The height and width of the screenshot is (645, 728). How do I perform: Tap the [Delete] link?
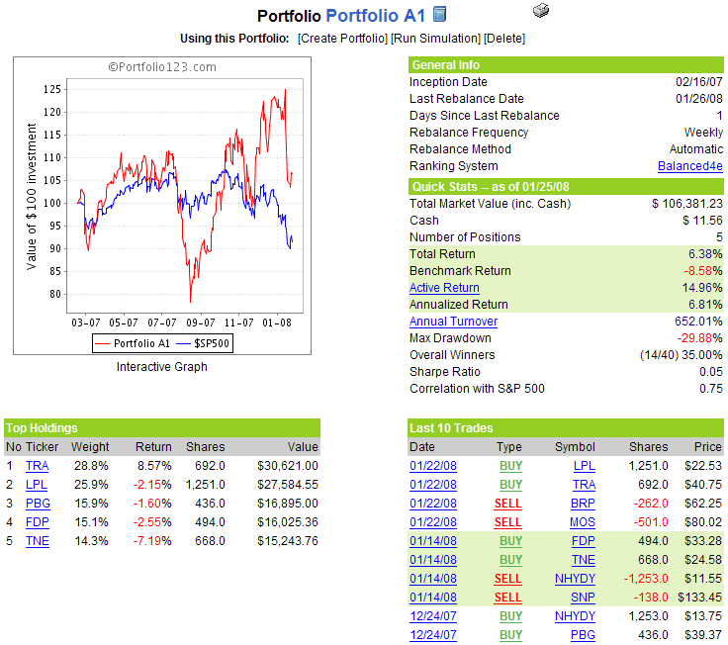pos(504,39)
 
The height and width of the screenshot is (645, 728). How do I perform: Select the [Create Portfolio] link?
pos(342,39)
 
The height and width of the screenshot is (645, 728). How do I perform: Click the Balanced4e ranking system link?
pos(689,166)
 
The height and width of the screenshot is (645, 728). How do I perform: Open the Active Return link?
pos(444,288)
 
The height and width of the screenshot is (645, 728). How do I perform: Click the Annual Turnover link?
pos(453,322)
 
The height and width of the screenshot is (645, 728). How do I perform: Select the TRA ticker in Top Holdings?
pos(37,465)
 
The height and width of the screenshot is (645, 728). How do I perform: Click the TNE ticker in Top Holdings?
pos(37,540)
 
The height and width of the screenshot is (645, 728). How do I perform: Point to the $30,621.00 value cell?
pos(288,465)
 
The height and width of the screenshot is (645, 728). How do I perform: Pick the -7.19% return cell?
pos(152,540)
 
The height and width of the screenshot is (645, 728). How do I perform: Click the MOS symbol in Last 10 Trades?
pos(583,521)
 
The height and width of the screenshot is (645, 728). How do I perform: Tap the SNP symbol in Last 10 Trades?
pos(584,597)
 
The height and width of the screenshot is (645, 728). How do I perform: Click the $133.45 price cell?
pos(699,597)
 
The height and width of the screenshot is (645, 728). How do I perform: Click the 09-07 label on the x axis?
pos(200,322)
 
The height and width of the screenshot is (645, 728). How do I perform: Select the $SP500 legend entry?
pos(213,343)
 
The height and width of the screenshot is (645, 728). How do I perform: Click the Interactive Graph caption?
pos(161,367)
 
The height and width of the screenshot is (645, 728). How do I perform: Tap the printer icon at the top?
pos(540,11)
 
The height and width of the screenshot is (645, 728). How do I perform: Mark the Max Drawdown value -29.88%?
pos(698,338)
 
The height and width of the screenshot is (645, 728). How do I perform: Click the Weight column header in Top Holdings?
pos(90,446)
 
